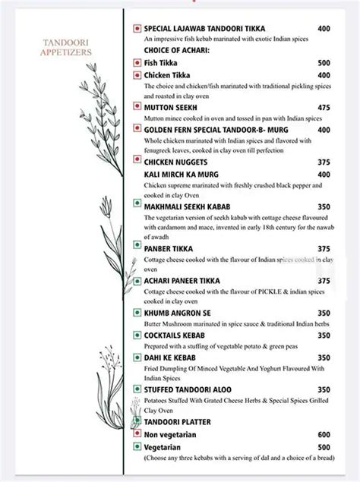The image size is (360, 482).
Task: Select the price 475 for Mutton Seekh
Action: pos(324,108)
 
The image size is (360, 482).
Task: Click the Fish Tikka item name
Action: pos(159,64)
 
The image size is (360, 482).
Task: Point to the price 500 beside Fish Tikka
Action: pos(324,64)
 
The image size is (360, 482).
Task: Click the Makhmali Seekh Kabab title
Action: pos(187,206)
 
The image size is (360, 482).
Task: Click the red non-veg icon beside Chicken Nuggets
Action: pos(136,162)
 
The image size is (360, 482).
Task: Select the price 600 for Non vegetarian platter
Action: pos(324,435)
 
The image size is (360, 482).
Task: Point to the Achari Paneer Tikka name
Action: pos(183,281)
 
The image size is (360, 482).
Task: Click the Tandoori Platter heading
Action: pos(176,422)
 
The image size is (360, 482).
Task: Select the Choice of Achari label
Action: pos(175,51)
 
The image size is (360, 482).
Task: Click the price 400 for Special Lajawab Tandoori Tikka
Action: pos(324,29)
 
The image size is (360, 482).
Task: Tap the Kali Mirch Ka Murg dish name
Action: pos(181,175)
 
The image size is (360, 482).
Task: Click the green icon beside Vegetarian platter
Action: pos(136,448)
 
